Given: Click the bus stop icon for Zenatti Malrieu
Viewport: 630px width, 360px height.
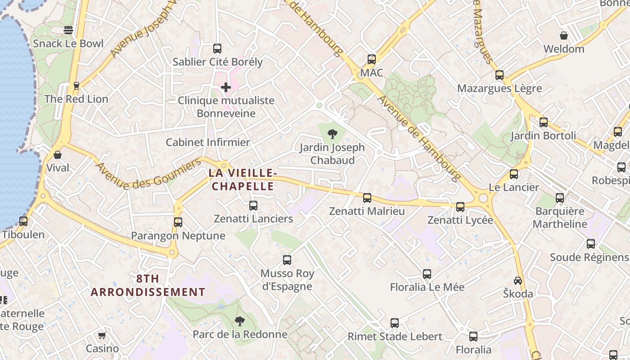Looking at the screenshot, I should [x=367, y=198].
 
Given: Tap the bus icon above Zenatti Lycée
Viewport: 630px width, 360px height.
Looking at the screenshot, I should [x=460, y=207].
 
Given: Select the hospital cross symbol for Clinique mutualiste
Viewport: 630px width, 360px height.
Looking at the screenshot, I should [x=226, y=87].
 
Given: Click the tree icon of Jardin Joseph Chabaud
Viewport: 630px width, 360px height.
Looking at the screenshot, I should [x=332, y=134].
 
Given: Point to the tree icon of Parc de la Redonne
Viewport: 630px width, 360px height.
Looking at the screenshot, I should [x=239, y=321].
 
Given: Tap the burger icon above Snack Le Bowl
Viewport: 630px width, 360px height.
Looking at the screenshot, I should [x=68, y=30].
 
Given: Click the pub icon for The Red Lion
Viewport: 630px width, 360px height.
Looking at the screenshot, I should [x=76, y=85].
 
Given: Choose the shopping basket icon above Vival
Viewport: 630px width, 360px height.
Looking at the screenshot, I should [x=58, y=155].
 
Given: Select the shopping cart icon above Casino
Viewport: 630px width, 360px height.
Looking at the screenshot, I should [x=102, y=335].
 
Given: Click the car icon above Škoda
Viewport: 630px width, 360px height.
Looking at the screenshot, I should [x=518, y=280].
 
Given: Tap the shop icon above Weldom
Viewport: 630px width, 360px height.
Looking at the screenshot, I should [x=563, y=36].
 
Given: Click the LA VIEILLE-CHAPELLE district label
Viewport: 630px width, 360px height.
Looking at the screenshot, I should [x=243, y=179].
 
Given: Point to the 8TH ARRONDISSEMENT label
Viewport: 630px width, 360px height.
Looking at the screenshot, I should [x=148, y=285].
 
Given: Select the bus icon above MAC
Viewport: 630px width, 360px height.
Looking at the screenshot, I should [x=371, y=59].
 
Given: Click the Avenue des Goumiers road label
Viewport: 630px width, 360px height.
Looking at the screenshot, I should [x=148, y=174].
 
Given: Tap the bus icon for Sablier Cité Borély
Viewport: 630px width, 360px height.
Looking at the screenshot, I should [x=217, y=48].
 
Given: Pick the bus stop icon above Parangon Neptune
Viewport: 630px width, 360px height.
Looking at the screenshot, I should [x=178, y=222].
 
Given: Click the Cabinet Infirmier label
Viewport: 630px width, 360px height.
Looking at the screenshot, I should [x=208, y=143].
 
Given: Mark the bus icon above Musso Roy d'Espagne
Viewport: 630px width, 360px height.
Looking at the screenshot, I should [x=287, y=260].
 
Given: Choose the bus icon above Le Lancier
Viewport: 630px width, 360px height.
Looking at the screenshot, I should [x=514, y=174].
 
